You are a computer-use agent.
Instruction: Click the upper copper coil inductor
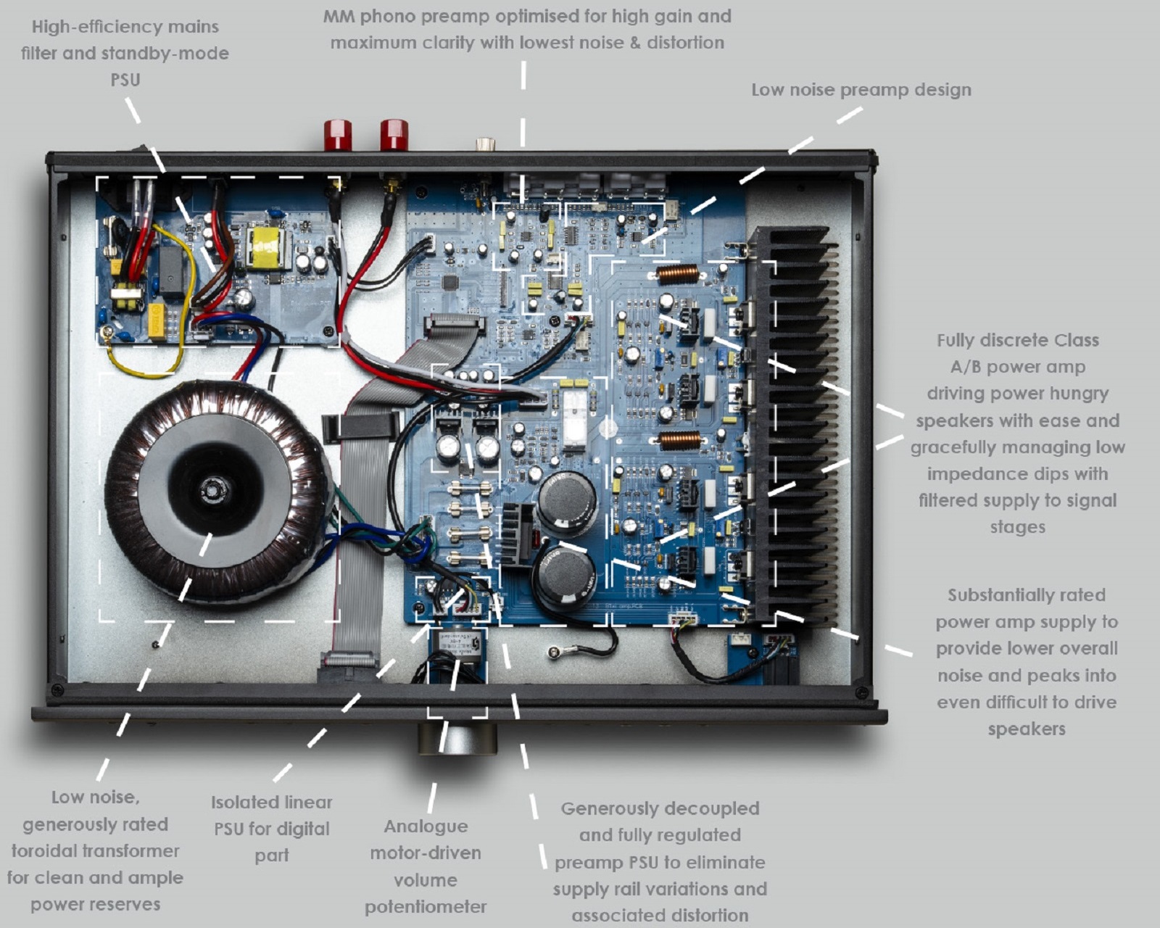[x=677, y=275]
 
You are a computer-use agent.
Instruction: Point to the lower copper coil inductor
[x=679, y=440]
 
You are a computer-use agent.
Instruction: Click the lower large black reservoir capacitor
[x=565, y=576]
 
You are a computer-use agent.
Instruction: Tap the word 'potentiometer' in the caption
[x=426, y=907]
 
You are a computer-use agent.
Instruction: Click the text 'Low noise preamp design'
[x=861, y=90]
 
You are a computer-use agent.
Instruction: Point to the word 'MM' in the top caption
[x=339, y=16]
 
